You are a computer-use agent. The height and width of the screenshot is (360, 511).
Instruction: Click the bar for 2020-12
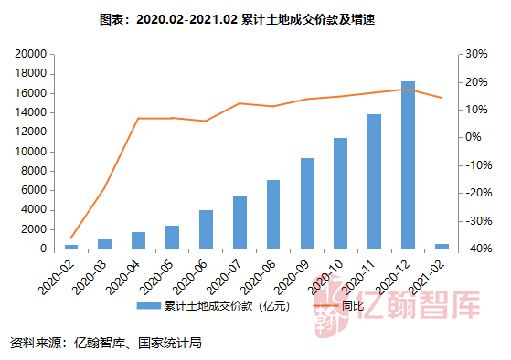(x=408, y=165)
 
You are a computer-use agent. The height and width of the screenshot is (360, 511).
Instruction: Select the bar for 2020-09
(x=306, y=203)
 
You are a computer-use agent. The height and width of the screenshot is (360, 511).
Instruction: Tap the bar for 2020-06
(x=206, y=229)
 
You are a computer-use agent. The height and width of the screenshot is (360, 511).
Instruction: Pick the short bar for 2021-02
(x=442, y=246)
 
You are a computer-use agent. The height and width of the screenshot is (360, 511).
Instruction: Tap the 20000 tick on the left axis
(x=32, y=55)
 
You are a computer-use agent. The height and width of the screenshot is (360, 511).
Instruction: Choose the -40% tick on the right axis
(x=477, y=249)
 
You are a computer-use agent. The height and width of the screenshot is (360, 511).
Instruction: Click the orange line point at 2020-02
(x=71, y=238)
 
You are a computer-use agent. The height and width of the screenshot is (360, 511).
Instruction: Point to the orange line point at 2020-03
(x=105, y=187)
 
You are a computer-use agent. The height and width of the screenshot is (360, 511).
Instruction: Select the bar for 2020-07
(x=240, y=222)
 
